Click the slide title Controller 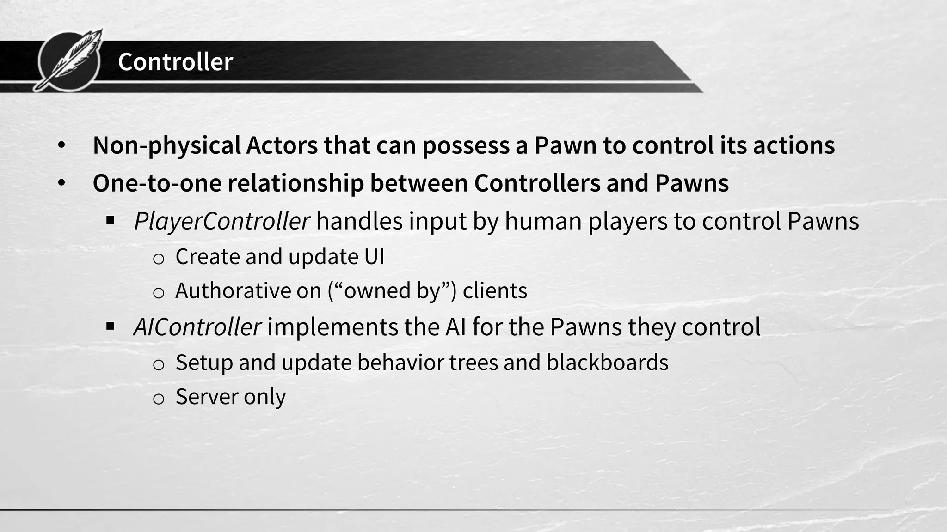(x=175, y=62)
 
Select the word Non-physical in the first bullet (x=166, y=145)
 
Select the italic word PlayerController (x=221, y=221)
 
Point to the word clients (x=495, y=291)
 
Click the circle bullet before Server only (x=158, y=399)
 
